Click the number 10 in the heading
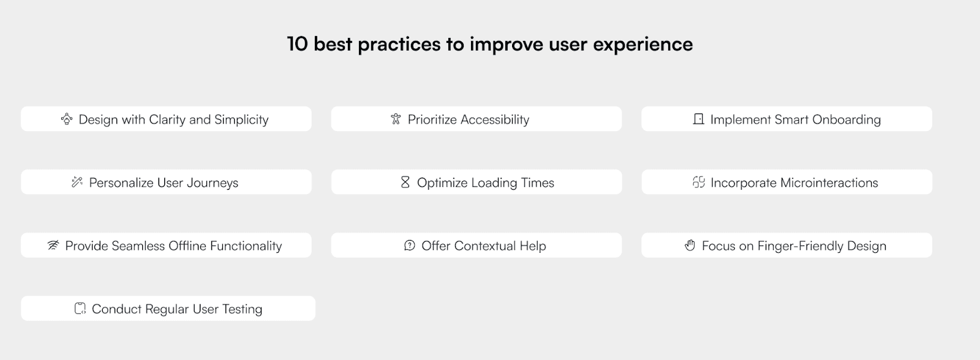point(298,44)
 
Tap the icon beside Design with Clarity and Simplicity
point(67,119)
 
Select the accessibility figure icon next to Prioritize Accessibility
point(396,119)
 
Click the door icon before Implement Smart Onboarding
point(699,119)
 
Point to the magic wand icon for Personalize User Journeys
point(77,182)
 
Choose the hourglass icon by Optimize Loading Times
point(405,182)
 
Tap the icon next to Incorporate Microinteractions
point(699,182)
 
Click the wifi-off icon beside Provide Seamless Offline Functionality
point(53,246)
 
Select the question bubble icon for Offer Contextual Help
point(410,246)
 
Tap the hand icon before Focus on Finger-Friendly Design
point(690,246)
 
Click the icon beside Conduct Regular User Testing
point(80,309)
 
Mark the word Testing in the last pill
point(243,310)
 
